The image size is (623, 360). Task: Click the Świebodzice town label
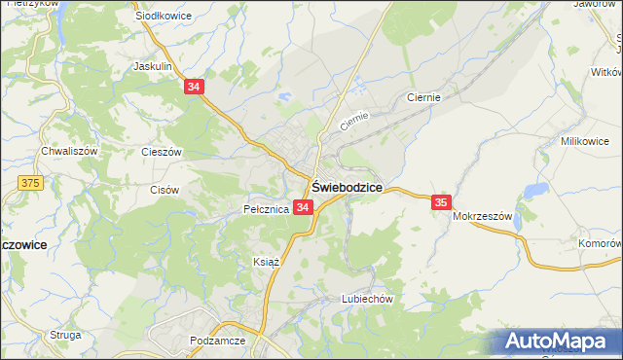(347, 187)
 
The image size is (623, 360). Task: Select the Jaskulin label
(153, 67)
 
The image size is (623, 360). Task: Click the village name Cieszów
(162, 153)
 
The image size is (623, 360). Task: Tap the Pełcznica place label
(266, 209)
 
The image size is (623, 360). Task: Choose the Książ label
(266, 263)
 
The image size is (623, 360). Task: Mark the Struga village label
(65, 335)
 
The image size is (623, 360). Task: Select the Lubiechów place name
(367, 299)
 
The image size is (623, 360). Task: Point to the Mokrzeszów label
(482, 217)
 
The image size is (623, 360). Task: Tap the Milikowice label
(584, 141)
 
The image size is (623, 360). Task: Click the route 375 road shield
(31, 182)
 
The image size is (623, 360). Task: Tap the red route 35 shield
(441, 201)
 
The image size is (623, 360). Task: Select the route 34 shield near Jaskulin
(196, 87)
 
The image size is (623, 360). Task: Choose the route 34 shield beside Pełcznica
(303, 207)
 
